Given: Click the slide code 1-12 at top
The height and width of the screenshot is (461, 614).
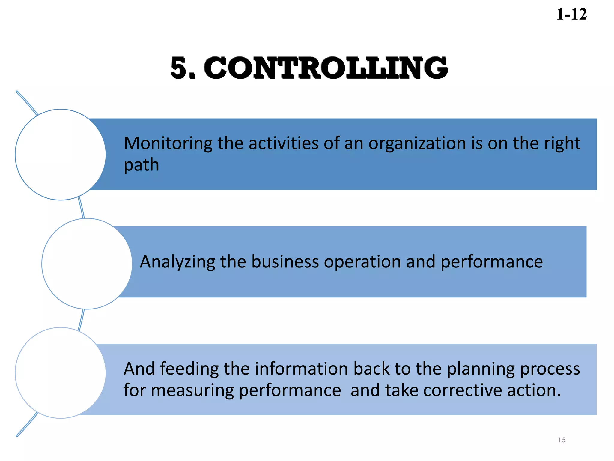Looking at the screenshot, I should click(x=571, y=14).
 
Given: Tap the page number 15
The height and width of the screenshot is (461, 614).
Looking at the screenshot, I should click(x=562, y=440).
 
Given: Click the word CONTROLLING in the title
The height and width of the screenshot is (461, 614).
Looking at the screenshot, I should click(x=326, y=68).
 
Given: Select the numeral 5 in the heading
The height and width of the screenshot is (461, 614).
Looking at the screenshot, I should click(x=179, y=68).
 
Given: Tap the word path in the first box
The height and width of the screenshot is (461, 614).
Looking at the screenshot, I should click(x=141, y=165).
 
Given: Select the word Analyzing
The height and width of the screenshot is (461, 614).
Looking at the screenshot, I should click(x=177, y=262).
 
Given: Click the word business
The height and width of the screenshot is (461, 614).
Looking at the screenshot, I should click(x=285, y=262).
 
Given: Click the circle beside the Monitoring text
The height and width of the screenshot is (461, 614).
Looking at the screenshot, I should click(x=60, y=155).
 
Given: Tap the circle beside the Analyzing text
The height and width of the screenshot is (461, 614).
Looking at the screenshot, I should click(x=87, y=264).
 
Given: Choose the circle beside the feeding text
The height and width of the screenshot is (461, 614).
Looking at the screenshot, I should click(x=60, y=373).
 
